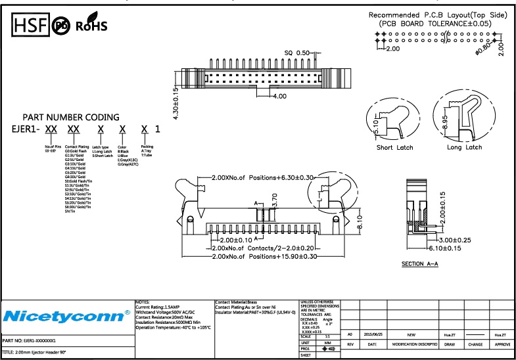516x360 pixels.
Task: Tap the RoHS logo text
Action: (91, 26)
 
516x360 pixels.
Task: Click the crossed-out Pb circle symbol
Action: (61, 26)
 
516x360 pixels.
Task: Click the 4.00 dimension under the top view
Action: (279, 96)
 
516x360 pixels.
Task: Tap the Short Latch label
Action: (394, 148)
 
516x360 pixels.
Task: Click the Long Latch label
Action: (463, 148)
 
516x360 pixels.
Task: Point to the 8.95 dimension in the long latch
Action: (445, 122)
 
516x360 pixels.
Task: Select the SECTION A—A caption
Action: (419, 264)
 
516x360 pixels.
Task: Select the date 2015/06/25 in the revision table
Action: (373, 334)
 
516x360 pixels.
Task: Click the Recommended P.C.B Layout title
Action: (438, 15)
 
